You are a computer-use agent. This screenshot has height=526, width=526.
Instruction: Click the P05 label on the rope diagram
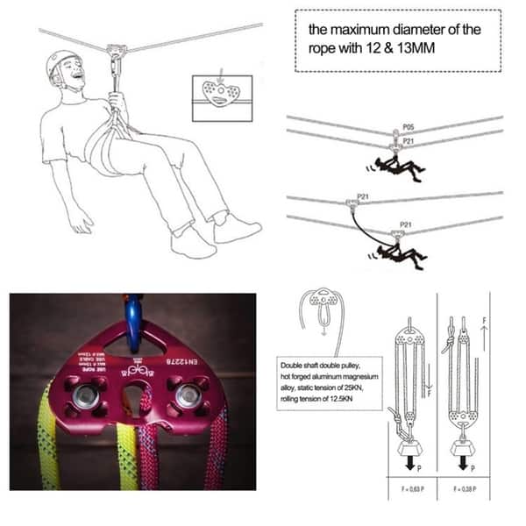tap(408, 128)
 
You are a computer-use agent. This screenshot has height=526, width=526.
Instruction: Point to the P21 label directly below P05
tap(408, 140)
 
